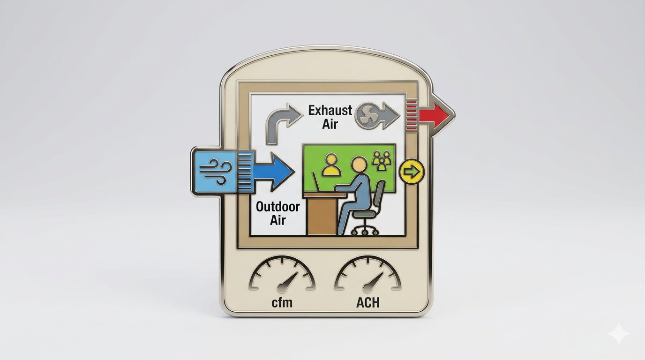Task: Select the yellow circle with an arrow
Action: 411,172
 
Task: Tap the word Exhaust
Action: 330,111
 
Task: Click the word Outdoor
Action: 277,207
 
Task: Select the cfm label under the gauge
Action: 282,303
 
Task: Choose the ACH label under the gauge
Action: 367,303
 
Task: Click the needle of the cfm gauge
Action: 288,281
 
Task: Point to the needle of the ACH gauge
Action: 374,281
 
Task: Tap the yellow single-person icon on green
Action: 331,165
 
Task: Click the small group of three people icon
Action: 381,160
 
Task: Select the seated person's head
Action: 360,165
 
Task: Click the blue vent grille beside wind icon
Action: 245,172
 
